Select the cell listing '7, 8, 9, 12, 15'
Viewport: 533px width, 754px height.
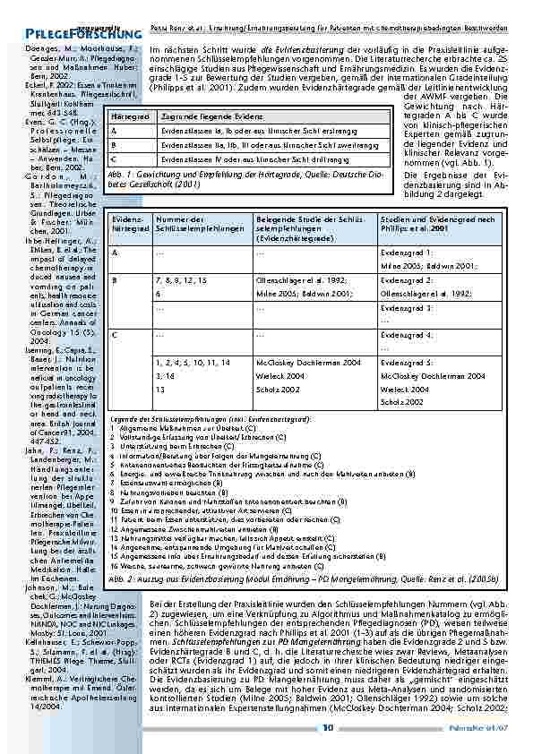[181, 280]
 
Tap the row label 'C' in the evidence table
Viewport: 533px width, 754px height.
[115, 334]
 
